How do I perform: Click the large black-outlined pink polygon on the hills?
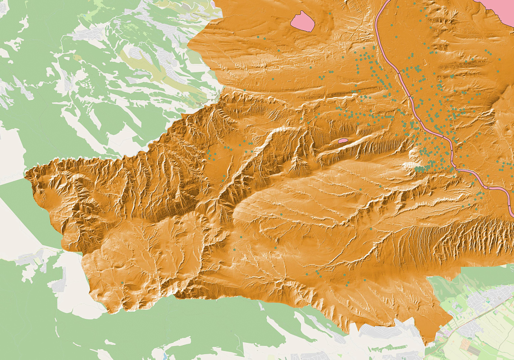pos(303,21)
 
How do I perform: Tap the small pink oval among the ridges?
pos(343,141)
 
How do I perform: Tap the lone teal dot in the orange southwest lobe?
pos(122,283)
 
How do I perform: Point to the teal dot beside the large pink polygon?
pos(330,14)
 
